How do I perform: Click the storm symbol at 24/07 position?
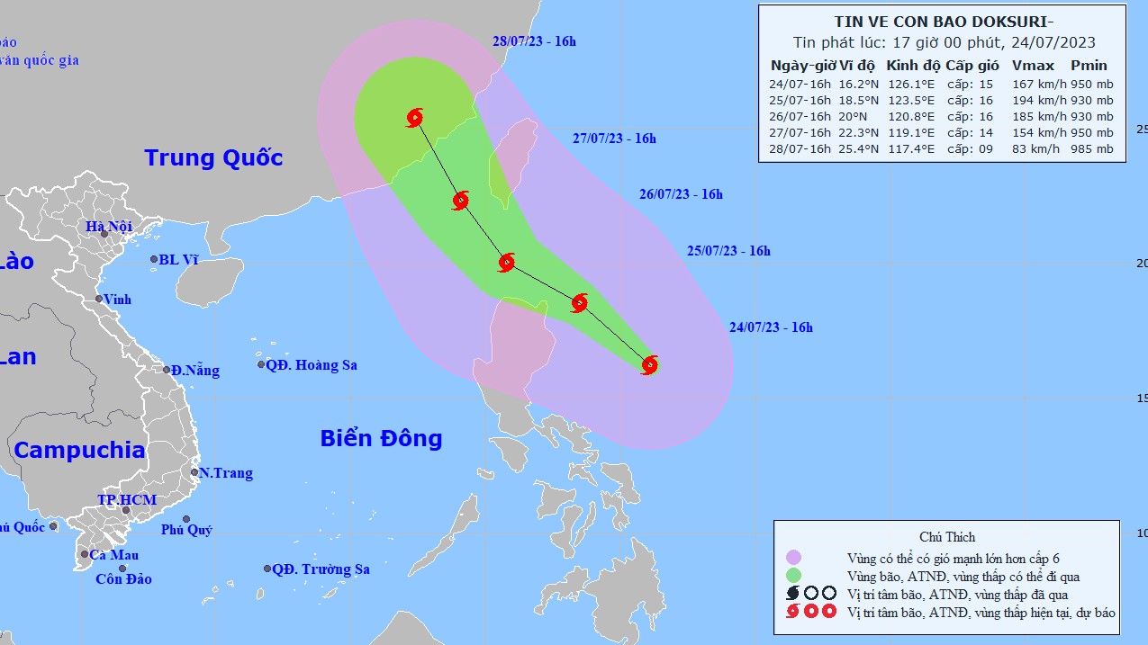[x=649, y=364]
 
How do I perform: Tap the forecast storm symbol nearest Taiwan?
[x=461, y=201]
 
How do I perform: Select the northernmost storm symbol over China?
[x=414, y=117]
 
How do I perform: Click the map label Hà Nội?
[x=109, y=227]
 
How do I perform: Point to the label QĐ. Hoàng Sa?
[x=312, y=365]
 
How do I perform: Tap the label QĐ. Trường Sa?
[x=321, y=569]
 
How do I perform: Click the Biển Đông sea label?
[x=381, y=438]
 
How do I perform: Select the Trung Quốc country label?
[x=213, y=158]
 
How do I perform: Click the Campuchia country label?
[x=79, y=450]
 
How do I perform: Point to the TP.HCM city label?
[x=127, y=500]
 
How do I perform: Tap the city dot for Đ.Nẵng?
[x=167, y=370]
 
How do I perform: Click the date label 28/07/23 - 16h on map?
[x=534, y=40]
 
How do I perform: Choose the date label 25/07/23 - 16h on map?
[x=728, y=251]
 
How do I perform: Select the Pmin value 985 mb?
[x=1091, y=149]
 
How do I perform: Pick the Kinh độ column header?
[x=913, y=66]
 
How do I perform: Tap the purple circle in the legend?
[x=793, y=559]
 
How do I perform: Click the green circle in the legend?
[x=793, y=576]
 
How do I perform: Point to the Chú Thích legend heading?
[x=947, y=537]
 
